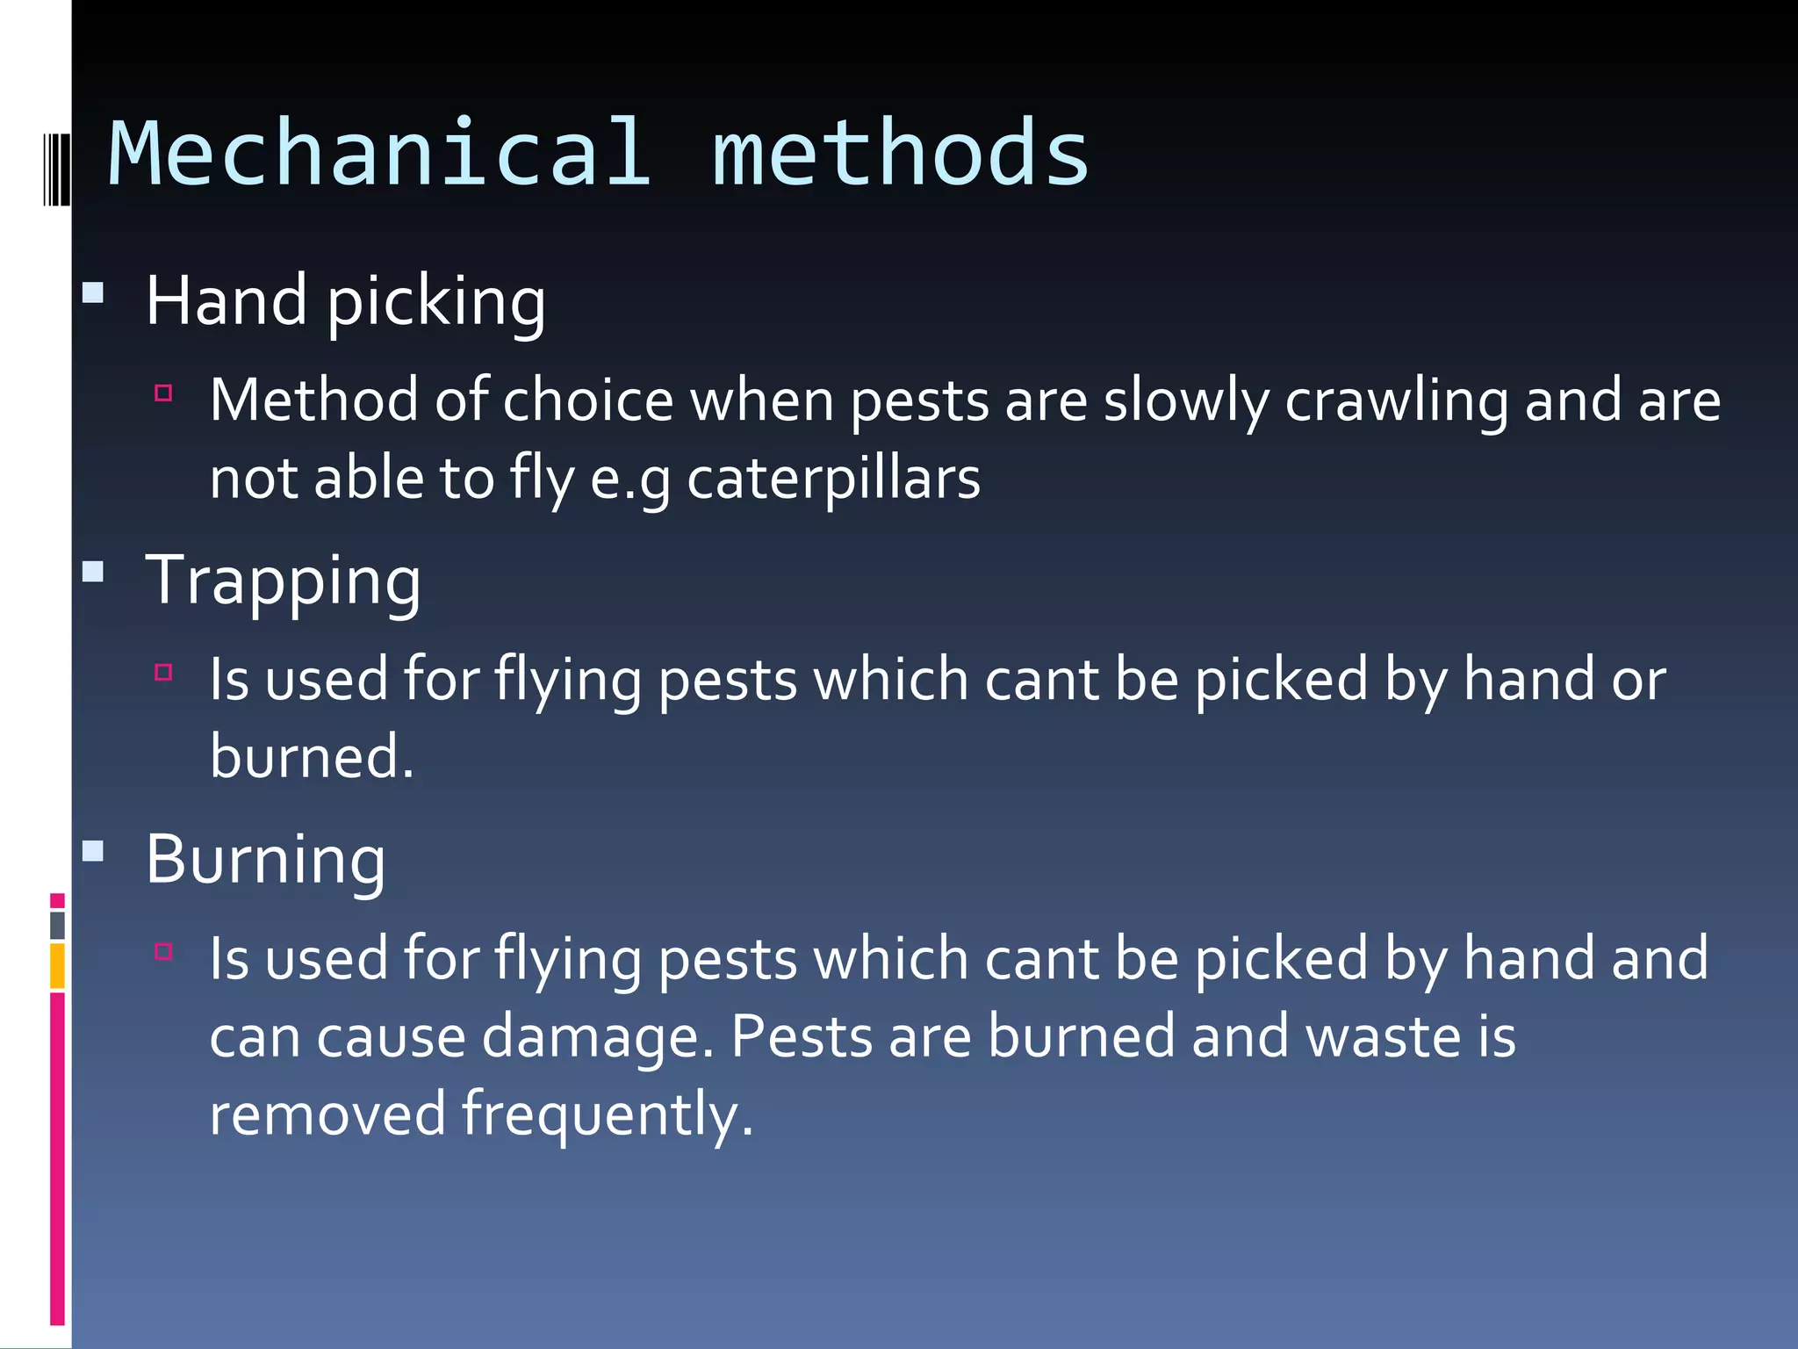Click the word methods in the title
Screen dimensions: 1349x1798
pos(901,155)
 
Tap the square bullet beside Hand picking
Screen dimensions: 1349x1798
pos(93,292)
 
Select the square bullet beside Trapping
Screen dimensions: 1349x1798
pos(93,573)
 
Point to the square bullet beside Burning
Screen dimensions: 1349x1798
pos(93,850)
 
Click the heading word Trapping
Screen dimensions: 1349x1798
pos(283,581)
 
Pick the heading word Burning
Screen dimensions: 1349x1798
pos(265,861)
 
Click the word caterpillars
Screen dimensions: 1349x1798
pos(833,480)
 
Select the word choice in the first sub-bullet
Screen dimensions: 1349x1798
pos(587,401)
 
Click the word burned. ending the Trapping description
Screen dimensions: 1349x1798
pos(312,757)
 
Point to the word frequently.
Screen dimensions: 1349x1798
pos(608,1115)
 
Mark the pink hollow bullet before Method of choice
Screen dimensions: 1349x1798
pos(163,393)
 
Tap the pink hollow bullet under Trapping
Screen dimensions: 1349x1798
pos(163,673)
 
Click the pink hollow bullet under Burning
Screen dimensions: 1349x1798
pos(163,951)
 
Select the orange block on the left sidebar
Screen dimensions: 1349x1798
pos(57,966)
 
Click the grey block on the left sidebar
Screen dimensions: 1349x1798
pos(57,925)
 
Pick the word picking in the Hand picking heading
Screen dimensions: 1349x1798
pos(436,302)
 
